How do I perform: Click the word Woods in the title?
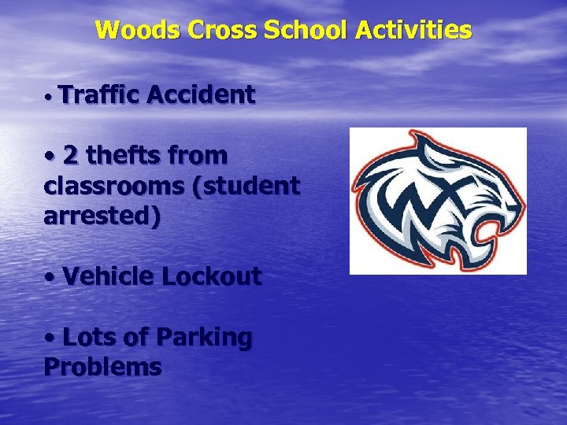click(x=138, y=31)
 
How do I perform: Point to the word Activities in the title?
click(x=413, y=31)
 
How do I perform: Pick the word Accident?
click(x=200, y=95)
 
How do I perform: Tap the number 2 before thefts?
click(x=71, y=156)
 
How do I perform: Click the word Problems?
click(x=102, y=367)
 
